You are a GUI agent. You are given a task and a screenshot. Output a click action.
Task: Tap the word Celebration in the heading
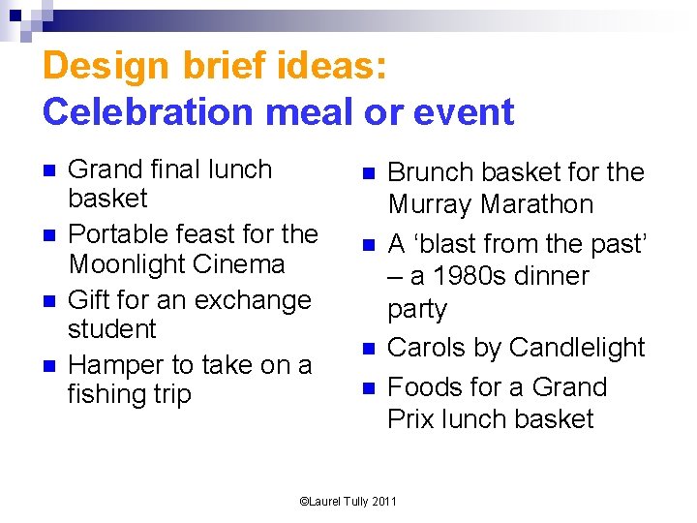click(134, 112)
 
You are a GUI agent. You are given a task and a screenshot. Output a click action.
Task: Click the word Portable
click(118, 234)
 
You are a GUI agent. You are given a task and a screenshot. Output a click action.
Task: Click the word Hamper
click(115, 365)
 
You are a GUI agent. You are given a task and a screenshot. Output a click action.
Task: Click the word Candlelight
click(577, 348)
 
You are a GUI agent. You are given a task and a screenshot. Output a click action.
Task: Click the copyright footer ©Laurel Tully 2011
click(348, 501)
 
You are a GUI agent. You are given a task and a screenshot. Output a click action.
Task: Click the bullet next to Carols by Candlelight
click(368, 349)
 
